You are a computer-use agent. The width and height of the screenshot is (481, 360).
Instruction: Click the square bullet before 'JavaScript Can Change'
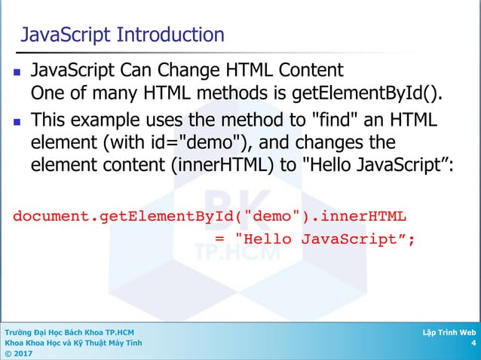[x=15, y=73]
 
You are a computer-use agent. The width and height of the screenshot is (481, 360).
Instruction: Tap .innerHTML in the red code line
[x=360, y=217]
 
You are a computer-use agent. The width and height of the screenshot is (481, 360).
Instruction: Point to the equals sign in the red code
[x=220, y=239]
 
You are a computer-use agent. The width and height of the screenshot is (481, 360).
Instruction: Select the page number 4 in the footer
[x=473, y=343]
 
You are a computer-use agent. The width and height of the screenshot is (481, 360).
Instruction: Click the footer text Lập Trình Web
[x=450, y=331]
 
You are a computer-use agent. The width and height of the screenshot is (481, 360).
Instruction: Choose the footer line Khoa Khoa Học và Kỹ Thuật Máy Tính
[x=72, y=343]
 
